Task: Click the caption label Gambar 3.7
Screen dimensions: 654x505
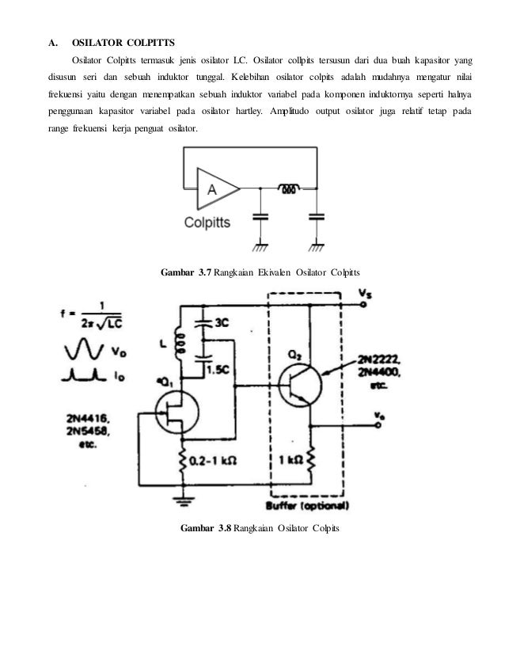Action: pos(187,273)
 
